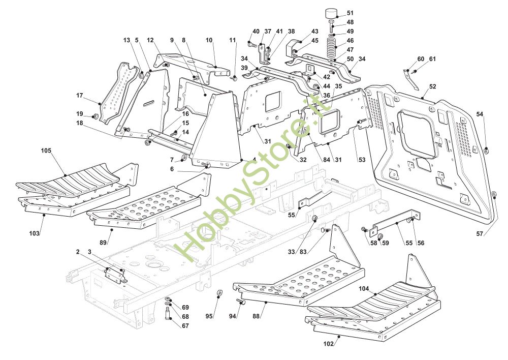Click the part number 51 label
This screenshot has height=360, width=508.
(x=351, y=13)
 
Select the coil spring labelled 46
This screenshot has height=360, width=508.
(x=331, y=47)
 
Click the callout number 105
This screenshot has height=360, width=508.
(x=47, y=151)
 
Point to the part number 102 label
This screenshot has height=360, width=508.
(x=329, y=343)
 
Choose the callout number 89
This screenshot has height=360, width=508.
(x=103, y=244)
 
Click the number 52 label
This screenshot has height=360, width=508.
(x=432, y=86)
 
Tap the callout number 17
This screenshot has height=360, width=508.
(x=80, y=95)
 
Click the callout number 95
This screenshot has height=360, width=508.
(x=209, y=316)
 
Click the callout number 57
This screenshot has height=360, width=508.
(x=480, y=234)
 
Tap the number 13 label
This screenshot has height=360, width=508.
(x=126, y=40)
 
